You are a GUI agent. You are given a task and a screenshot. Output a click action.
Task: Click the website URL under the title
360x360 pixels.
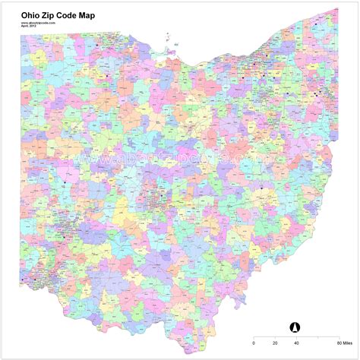(37, 23)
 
